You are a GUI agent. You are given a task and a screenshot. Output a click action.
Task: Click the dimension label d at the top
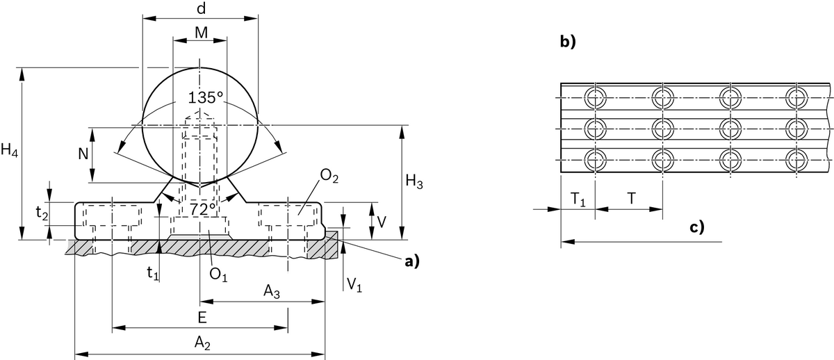(200, 10)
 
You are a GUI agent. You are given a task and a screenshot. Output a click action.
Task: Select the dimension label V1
(354, 283)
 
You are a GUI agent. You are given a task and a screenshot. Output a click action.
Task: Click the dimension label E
(201, 317)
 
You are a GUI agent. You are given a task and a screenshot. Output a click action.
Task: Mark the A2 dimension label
(202, 343)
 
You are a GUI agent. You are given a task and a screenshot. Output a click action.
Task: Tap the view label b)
(569, 42)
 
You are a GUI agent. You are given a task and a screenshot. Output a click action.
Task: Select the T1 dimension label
(578, 198)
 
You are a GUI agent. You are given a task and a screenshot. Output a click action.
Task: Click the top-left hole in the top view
(595, 98)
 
